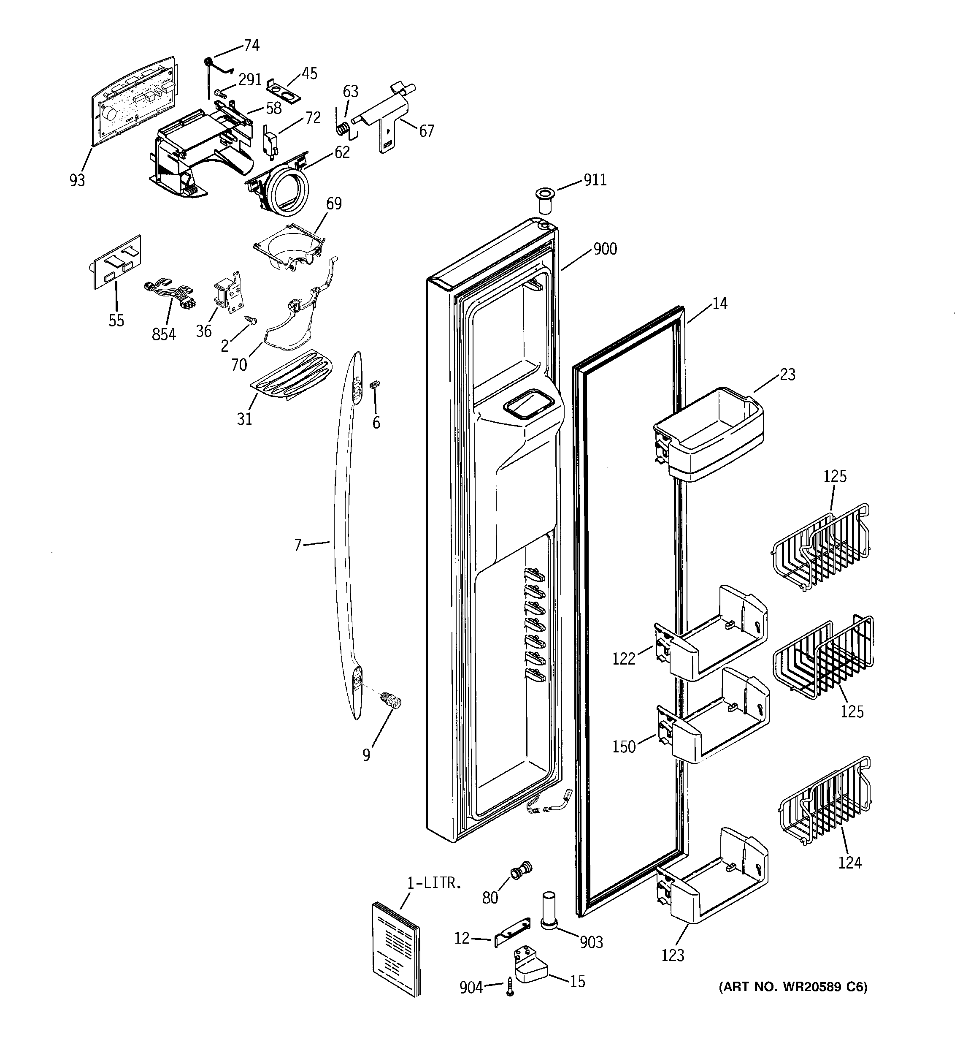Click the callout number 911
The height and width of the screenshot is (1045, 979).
click(595, 180)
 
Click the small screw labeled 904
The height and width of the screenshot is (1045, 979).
click(510, 987)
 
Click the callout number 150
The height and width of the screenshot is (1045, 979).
click(624, 746)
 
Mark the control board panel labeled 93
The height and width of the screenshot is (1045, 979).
click(134, 100)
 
